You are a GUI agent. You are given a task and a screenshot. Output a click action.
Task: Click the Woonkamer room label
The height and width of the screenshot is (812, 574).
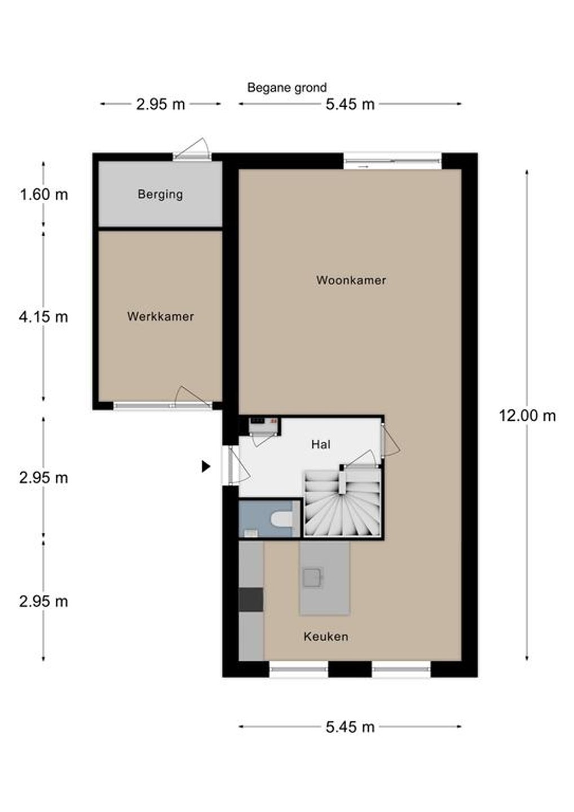point(351,280)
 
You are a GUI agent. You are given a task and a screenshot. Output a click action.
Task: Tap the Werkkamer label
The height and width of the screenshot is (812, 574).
point(160,316)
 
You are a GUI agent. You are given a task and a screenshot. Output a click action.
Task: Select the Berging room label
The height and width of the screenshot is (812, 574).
point(160,195)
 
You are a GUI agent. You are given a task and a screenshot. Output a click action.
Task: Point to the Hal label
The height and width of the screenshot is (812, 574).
point(321,444)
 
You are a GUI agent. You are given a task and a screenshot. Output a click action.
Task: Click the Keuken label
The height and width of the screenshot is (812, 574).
point(326,637)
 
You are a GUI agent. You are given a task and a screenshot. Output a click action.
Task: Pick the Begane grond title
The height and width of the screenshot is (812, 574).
point(286,88)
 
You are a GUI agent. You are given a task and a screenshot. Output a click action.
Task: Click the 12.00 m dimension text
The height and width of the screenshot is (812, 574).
point(527,416)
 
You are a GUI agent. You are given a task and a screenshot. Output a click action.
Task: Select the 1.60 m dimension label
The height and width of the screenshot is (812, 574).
point(43,195)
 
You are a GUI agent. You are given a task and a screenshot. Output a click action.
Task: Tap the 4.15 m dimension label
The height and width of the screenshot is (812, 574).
point(43,317)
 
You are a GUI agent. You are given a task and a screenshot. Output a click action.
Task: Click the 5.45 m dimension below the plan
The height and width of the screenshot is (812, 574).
point(350,726)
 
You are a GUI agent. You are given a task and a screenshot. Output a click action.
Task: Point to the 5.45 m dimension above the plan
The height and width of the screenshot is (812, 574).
point(350,104)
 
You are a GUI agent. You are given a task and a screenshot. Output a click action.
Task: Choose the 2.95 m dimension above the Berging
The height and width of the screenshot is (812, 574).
point(161,104)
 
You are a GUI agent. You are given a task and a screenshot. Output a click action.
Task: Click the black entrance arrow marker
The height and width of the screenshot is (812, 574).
point(206,466)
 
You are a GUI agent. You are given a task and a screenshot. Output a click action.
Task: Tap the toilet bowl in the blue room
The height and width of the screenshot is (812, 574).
point(282,519)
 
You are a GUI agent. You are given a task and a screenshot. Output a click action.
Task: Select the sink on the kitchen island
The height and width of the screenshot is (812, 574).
point(311,577)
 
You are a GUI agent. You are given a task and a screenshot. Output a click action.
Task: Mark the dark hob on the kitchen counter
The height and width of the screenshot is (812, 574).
point(251,599)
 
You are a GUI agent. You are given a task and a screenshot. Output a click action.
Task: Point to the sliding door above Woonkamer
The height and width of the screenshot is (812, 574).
point(392,161)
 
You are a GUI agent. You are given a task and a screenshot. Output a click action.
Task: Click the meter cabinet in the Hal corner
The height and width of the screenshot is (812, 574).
point(264,425)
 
